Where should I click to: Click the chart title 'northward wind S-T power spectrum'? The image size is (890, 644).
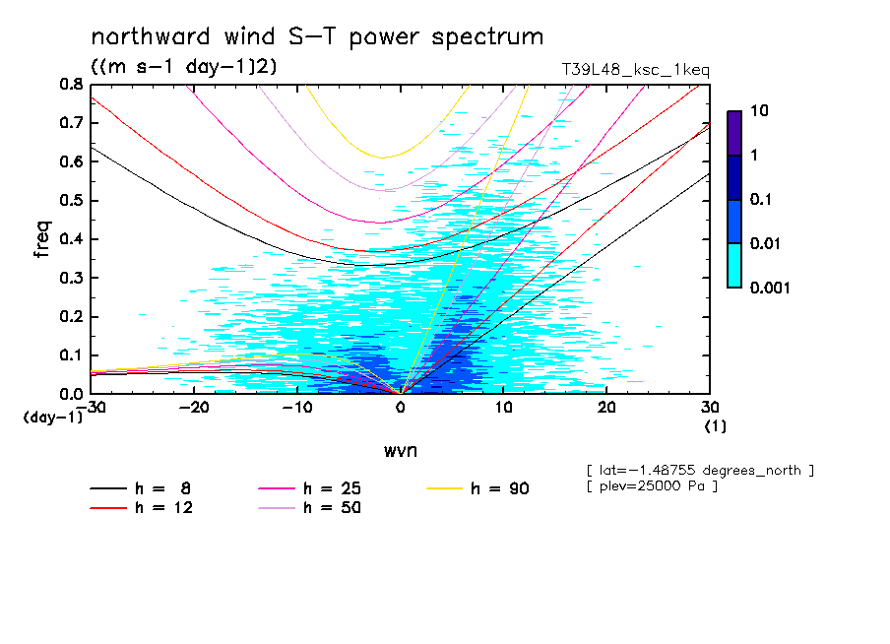[x=317, y=38]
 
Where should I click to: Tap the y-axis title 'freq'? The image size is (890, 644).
[x=42, y=239]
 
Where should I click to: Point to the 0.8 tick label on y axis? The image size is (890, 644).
[x=71, y=85]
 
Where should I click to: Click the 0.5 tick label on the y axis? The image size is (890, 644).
[x=71, y=201]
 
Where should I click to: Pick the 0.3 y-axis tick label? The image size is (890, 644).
[x=71, y=278]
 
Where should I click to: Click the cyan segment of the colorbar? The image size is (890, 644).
[x=734, y=265]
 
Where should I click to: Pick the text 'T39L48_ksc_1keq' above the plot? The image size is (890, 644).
[x=635, y=70]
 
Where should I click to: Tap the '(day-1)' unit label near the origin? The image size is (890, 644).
[x=53, y=418]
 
